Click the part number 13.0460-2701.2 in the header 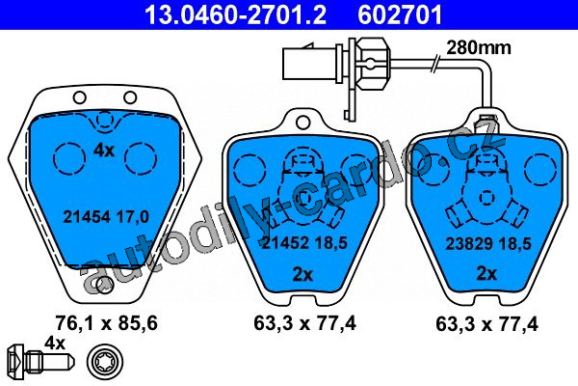click(x=236, y=14)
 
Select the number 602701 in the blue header click(x=400, y=14)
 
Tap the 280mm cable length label click(x=479, y=48)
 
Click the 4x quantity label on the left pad click(x=104, y=151)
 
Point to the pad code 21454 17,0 click(x=106, y=217)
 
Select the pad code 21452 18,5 click(x=304, y=242)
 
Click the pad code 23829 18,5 click(x=488, y=244)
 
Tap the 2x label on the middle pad click(x=302, y=274)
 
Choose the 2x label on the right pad click(x=486, y=274)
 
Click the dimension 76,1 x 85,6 click(x=106, y=323)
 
